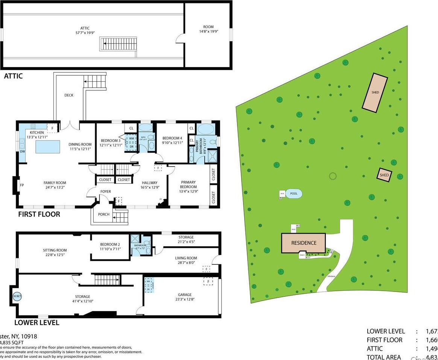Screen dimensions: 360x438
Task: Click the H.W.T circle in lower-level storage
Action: tap(17, 296)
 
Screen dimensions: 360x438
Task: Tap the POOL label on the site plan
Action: tap(294, 194)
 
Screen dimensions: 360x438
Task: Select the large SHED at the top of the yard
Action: tap(375, 92)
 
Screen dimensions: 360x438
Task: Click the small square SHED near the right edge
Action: tap(384, 175)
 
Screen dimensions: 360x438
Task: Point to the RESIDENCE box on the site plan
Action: tap(304, 243)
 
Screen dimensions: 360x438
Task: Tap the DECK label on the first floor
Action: tap(69, 95)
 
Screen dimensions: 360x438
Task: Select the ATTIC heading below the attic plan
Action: tap(13, 76)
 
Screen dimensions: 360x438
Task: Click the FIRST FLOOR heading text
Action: tap(39, 214)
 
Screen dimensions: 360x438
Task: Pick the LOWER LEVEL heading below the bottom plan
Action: tap(36, 322)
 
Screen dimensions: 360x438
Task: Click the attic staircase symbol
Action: tap(118, 44)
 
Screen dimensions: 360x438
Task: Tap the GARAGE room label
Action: tap(185, 295)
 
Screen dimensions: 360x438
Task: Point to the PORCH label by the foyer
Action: tap(103, 214)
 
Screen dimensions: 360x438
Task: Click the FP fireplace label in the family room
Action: tap(22, 185)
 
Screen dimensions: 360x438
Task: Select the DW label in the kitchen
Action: tap(22, 152)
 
